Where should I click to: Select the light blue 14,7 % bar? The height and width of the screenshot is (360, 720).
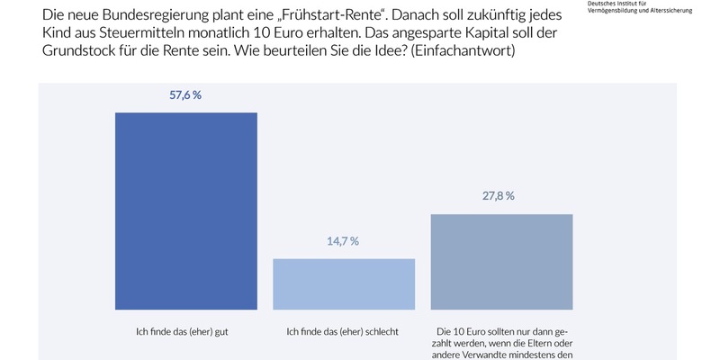344,283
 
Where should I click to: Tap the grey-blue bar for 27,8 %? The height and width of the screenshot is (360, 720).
502,261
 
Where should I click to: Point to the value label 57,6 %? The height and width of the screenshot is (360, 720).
186,94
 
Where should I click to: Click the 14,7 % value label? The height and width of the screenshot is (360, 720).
342,241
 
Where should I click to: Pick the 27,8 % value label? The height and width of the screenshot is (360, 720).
498,196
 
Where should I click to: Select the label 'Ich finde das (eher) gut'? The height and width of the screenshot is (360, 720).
186,331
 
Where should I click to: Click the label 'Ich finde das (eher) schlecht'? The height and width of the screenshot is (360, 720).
342,331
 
